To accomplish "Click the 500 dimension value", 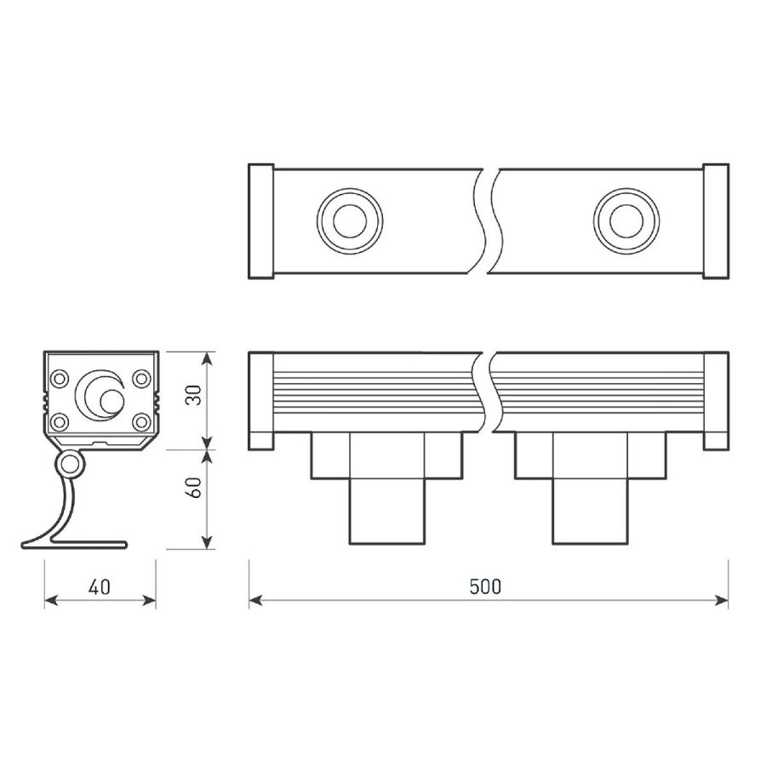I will [486, 587].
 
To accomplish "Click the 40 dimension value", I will [99, 587].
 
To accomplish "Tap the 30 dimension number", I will [195, 397].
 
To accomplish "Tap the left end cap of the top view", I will [260, 221].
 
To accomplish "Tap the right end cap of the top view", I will [717, 221].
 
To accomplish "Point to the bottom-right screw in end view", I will [141, 420].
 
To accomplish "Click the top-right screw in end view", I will [141, 378].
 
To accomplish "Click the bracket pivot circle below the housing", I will [70, 465].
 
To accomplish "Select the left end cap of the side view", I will [260, 401].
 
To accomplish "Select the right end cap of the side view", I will [717, 401].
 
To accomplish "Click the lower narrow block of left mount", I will [387, 511].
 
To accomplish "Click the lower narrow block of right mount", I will [590, 511].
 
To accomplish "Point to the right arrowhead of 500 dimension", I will [724, 601].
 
